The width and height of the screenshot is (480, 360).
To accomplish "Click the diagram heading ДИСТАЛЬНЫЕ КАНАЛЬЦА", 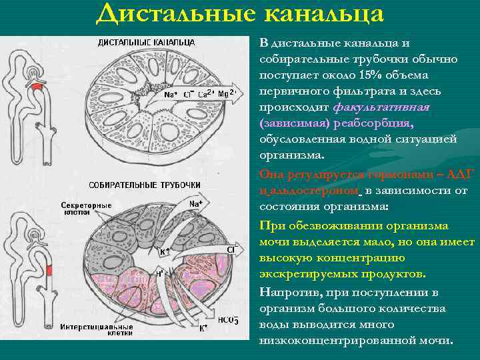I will (147, 42).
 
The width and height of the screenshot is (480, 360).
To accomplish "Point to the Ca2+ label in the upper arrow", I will (205, 93).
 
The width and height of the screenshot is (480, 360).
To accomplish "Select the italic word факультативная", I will (381, 107).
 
